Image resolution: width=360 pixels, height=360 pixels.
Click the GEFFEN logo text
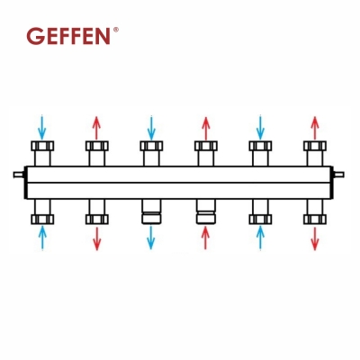(x=69, y=37)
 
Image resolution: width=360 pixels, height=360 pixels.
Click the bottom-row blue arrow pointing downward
(x=151, y=238)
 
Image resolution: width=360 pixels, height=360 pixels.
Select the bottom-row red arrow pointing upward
(x=205, y=238)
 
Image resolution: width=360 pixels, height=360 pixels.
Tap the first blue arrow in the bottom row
(x=41, y=238)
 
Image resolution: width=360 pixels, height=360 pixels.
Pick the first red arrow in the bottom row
(x=96, y=238)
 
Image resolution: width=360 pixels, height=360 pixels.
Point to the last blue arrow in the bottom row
(x=260, y=238)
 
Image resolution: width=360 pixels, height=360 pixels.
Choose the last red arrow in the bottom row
(x=314, y=238)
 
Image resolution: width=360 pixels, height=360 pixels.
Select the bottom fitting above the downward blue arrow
(x=151, y=215)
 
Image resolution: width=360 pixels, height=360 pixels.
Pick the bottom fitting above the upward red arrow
(x=205, y=215)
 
